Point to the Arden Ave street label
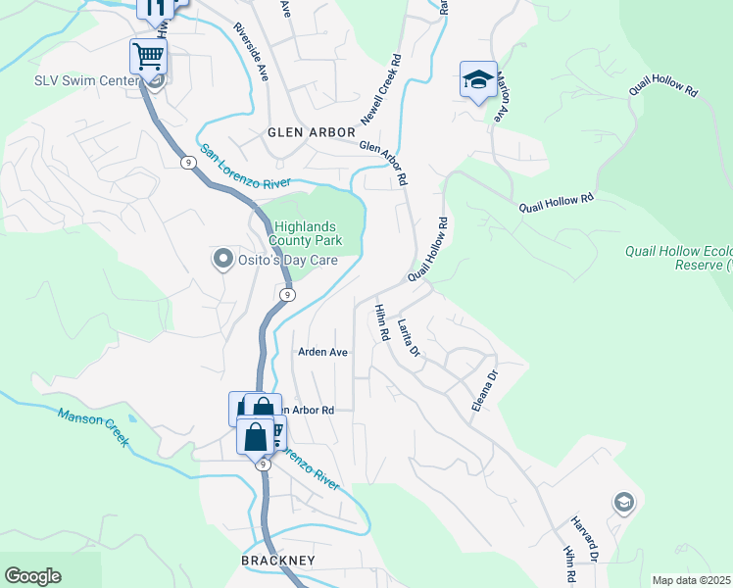coord(322,352)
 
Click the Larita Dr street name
coord(409,338)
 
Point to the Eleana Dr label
coord(484,389)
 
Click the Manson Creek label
coord(93,428)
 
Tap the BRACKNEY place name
coord(277,560)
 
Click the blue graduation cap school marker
coord(477,80)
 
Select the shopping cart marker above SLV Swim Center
coord(148,57)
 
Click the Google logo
coord(32,576)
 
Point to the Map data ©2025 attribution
coord(691,580)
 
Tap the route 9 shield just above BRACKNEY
coord(264,465)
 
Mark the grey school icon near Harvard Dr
coord(622,504)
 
